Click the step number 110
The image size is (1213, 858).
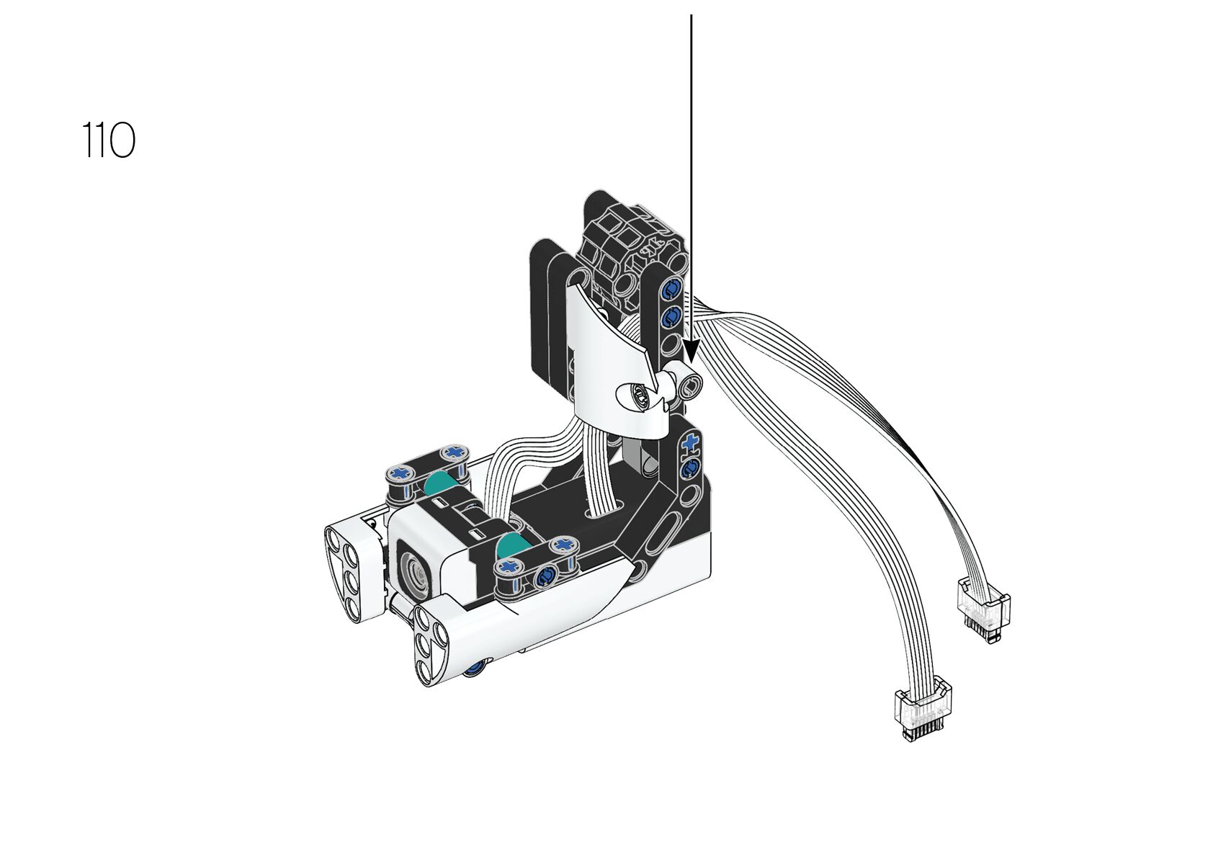(108, 140)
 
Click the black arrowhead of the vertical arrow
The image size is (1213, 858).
(691, 351)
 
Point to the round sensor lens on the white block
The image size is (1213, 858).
(415, 572)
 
